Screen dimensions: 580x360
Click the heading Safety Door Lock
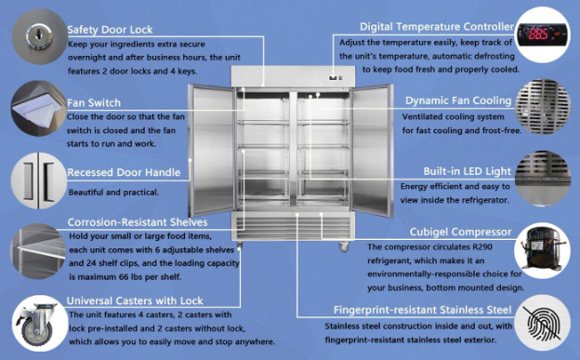point(110,30)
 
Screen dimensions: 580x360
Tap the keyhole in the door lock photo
point(38,36)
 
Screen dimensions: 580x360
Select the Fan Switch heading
point(94,102)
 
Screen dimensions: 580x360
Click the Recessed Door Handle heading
point(124,172)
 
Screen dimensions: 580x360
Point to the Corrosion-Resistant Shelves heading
point(138,222)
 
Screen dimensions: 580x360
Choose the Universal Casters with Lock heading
point(135,300)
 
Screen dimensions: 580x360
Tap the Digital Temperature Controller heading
point(437,27)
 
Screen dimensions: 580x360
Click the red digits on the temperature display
point(538,34)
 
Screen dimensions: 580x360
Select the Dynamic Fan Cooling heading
point(458,100)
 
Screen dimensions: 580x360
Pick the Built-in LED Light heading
point(468,171)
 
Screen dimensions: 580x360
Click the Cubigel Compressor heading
point(460,232)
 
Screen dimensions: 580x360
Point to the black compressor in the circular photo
point(540,247)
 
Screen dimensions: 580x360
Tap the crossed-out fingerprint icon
point(544,323)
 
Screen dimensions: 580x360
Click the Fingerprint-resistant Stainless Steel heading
point(422,310)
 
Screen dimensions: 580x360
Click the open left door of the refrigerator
point(212,150)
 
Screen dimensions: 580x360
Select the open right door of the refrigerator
point(372,150)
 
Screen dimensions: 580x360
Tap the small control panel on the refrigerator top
point(336,78)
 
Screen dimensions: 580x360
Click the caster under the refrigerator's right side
point(344,247)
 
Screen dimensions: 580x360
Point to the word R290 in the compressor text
point(482,247)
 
